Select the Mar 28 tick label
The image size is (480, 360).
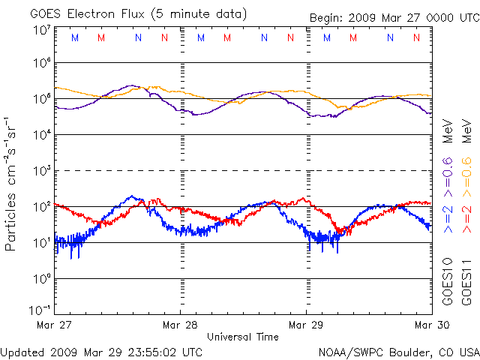(x=180, y=325)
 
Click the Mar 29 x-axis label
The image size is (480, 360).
(x=306, y=325)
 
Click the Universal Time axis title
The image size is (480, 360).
(x=243, y=337)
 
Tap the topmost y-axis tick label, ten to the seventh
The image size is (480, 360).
(x=41, y=30)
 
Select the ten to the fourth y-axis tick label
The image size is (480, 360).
(x=41, y=134)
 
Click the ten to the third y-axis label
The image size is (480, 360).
(x=41, y=170)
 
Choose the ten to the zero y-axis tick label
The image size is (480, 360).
(x=41, y=278)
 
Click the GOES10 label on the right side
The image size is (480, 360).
(x=448, y=281)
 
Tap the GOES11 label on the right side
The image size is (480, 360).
(x=466, y=281)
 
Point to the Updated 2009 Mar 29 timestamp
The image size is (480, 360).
(x=101, y=351)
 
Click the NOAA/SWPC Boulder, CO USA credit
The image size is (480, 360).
(x=398, y=351)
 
